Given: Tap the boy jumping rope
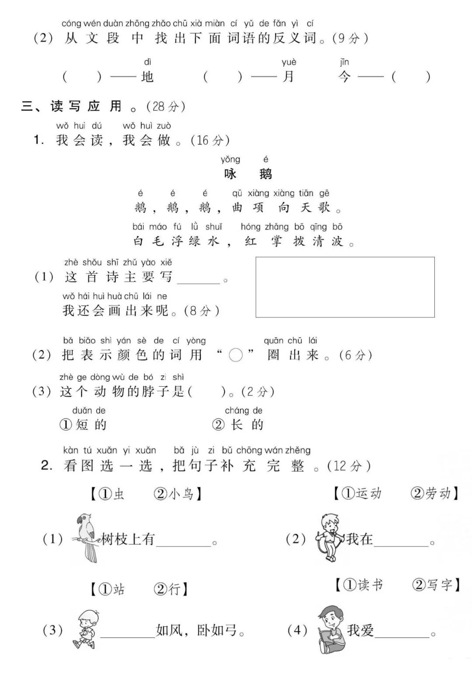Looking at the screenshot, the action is [330, 537].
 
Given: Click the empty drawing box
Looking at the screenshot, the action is [345, 287].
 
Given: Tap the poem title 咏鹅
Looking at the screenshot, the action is [248, 174].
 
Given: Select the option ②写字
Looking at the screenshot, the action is [433, 585].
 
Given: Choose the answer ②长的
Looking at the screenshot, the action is [238, 425].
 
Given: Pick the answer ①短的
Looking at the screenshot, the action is [83, 425].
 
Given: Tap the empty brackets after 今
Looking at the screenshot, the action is [411, 77].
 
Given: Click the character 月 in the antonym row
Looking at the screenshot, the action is [288, 77].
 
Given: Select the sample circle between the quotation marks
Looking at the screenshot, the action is [236, 356].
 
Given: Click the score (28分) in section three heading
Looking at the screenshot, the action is [166, 106].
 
